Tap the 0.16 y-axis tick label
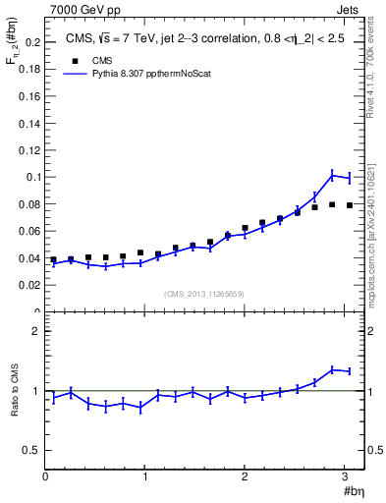[x=29, y=97]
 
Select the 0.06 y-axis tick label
[x=29, y=232]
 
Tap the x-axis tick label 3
[x=345, y=477]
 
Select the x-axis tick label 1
[x=145, y=477]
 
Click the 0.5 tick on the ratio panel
[x=32, y=450]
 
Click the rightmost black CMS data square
[x=350, y=205]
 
